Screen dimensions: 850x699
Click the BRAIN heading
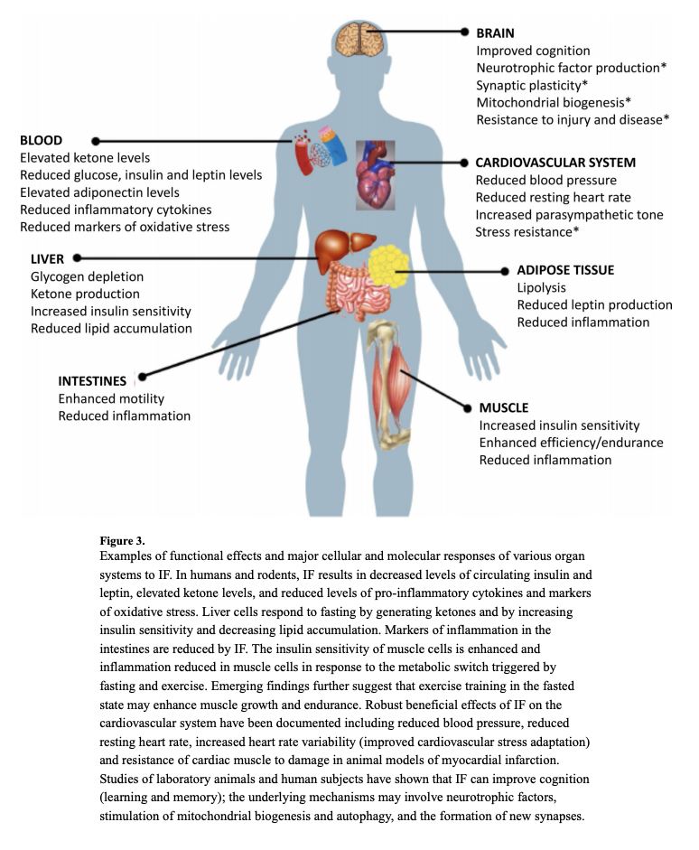pyautogui.click(x=496, y=33)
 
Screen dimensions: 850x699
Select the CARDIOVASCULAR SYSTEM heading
pyautogui.click(x=555, y=163)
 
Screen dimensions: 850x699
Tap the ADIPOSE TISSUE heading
pyautogui.click(x=564, y=270)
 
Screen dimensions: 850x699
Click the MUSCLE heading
pyautogui.click(x=504, y=407)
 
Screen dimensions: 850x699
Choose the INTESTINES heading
pyautogui.click(x=92, y=381)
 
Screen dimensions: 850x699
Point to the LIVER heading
pyautogui.click(x=47, y=259)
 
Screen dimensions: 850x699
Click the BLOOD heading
pyautogui.click(x=42, y=140)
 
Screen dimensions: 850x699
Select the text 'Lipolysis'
pyautogui.click(x=541, y=287)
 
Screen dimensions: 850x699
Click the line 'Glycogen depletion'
pyautogui.click(x=87, y=276)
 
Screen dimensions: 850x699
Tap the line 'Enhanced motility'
pyautogui.click(x=111, y=398)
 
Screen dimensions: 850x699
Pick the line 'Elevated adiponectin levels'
pyautogui.click(x=99, y=192)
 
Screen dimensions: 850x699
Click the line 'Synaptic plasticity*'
pyautogui.click(x=532, y=85)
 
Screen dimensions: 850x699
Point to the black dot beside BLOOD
pyautogui.click(x=95, y=141)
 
